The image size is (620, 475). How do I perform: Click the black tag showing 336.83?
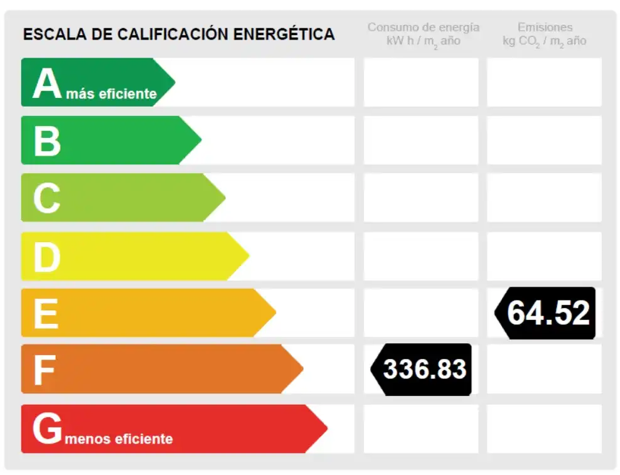tap(422, 370)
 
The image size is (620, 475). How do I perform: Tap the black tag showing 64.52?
tap(545, 313)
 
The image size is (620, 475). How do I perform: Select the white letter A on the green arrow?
tap(47, 83)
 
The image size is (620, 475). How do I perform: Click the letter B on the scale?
tap(47, 141)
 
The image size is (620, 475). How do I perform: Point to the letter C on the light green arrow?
tap(47, 198)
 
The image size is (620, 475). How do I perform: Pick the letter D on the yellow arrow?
tap(47, 257)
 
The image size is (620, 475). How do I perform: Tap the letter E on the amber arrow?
tap(46, 314)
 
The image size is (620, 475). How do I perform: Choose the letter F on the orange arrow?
tap(45, 370)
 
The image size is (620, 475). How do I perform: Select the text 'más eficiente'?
tap(112, 93)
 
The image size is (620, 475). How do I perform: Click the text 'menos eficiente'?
tap(119, 439)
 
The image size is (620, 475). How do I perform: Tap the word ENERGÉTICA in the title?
tap(284, 34)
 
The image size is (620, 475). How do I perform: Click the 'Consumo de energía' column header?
tap(424, 27)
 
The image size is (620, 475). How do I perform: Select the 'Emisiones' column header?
tap(545, 27)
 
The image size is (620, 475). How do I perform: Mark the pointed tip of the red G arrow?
tap(328, 429)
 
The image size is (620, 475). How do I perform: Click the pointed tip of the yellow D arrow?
tap(249, 256)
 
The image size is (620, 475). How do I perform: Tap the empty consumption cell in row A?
tap(421, 82)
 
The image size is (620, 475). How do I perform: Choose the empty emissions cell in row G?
tap(545, 429)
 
